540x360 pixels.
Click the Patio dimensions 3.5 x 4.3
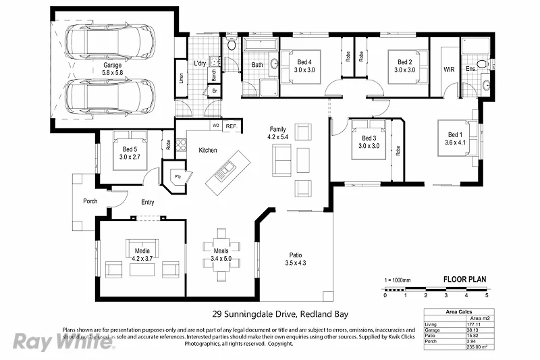click(x=296, y=263)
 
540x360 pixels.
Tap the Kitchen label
click(x=208, y=150)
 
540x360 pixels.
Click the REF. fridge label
click(x=231, y=126)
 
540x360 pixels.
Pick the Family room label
click(x=278, y=128)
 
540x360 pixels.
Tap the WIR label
click(x=449, y=69)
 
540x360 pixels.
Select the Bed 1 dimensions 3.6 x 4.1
click(x=456, y=143)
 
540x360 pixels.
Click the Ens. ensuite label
click(x=470, y=69)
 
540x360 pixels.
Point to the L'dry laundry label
click(x=200, y=63)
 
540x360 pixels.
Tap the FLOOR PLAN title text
click(x=464, y=279)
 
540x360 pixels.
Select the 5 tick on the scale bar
click(x=486, y=296)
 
